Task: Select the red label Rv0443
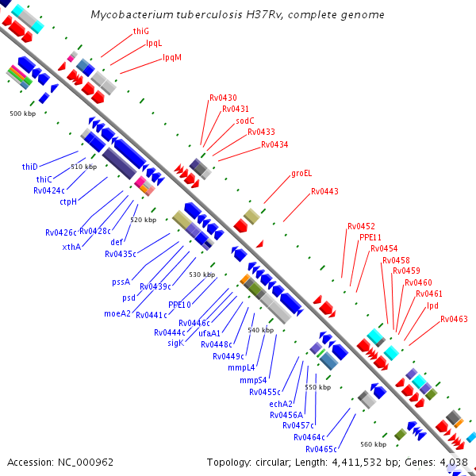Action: (324, 191)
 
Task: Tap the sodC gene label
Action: (245, 121)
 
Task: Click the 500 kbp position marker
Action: (23, 114)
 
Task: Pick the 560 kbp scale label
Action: (373, 444)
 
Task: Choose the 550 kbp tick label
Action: (317, 387)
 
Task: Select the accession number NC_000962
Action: (84, 462)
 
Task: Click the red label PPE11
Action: (370, 237)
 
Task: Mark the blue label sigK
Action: (176, 343)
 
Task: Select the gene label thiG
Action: (141, 31)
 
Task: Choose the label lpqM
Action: (171, 57)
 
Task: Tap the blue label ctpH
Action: (68, 202)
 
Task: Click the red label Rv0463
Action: (455, 319)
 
